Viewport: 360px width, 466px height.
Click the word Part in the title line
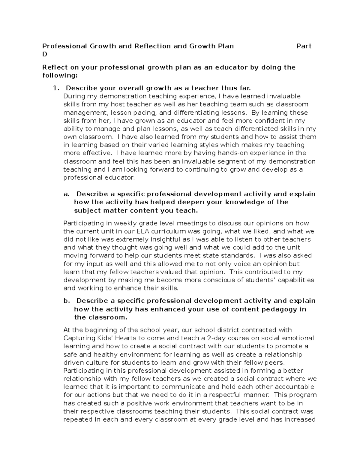304,46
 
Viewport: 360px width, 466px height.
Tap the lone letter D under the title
45,54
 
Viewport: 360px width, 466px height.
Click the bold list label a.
66,194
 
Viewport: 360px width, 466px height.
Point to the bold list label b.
67,301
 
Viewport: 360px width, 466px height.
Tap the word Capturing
78,338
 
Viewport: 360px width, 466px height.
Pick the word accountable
290,387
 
